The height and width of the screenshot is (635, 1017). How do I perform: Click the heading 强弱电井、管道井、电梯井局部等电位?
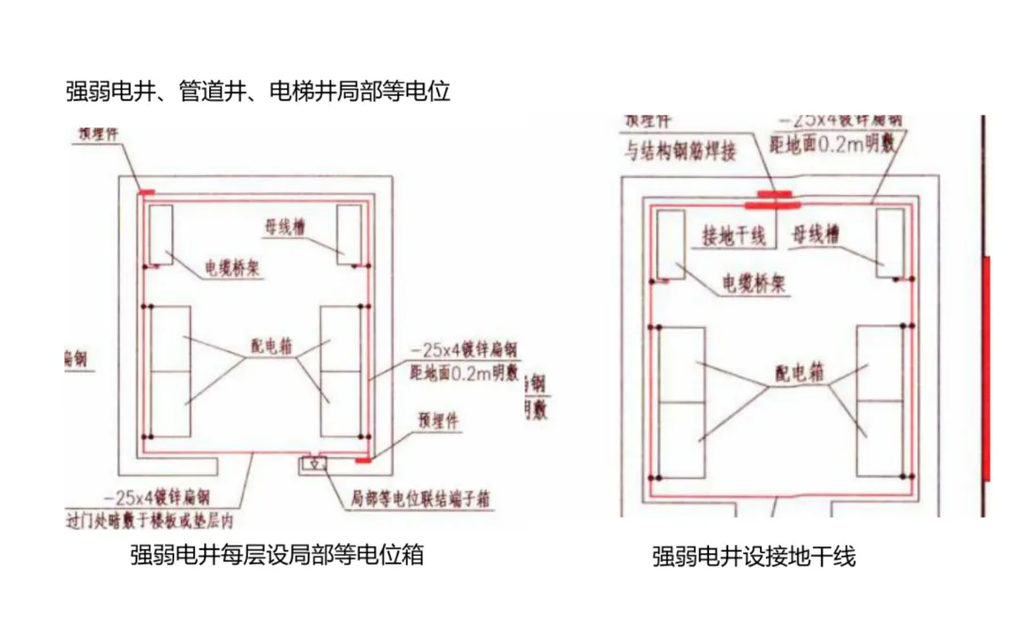(258, 92)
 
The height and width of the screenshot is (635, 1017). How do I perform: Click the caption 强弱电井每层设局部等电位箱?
(277, 555)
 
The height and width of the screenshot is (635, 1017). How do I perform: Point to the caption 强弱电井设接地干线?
(753, 557)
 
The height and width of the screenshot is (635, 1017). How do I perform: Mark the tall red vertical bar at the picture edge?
(986, 367)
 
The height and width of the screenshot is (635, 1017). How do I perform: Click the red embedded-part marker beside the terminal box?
(363, 461)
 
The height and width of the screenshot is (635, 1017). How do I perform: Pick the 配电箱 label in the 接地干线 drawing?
(799, 373)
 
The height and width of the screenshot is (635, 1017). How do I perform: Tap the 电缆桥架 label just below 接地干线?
(753, 283)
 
